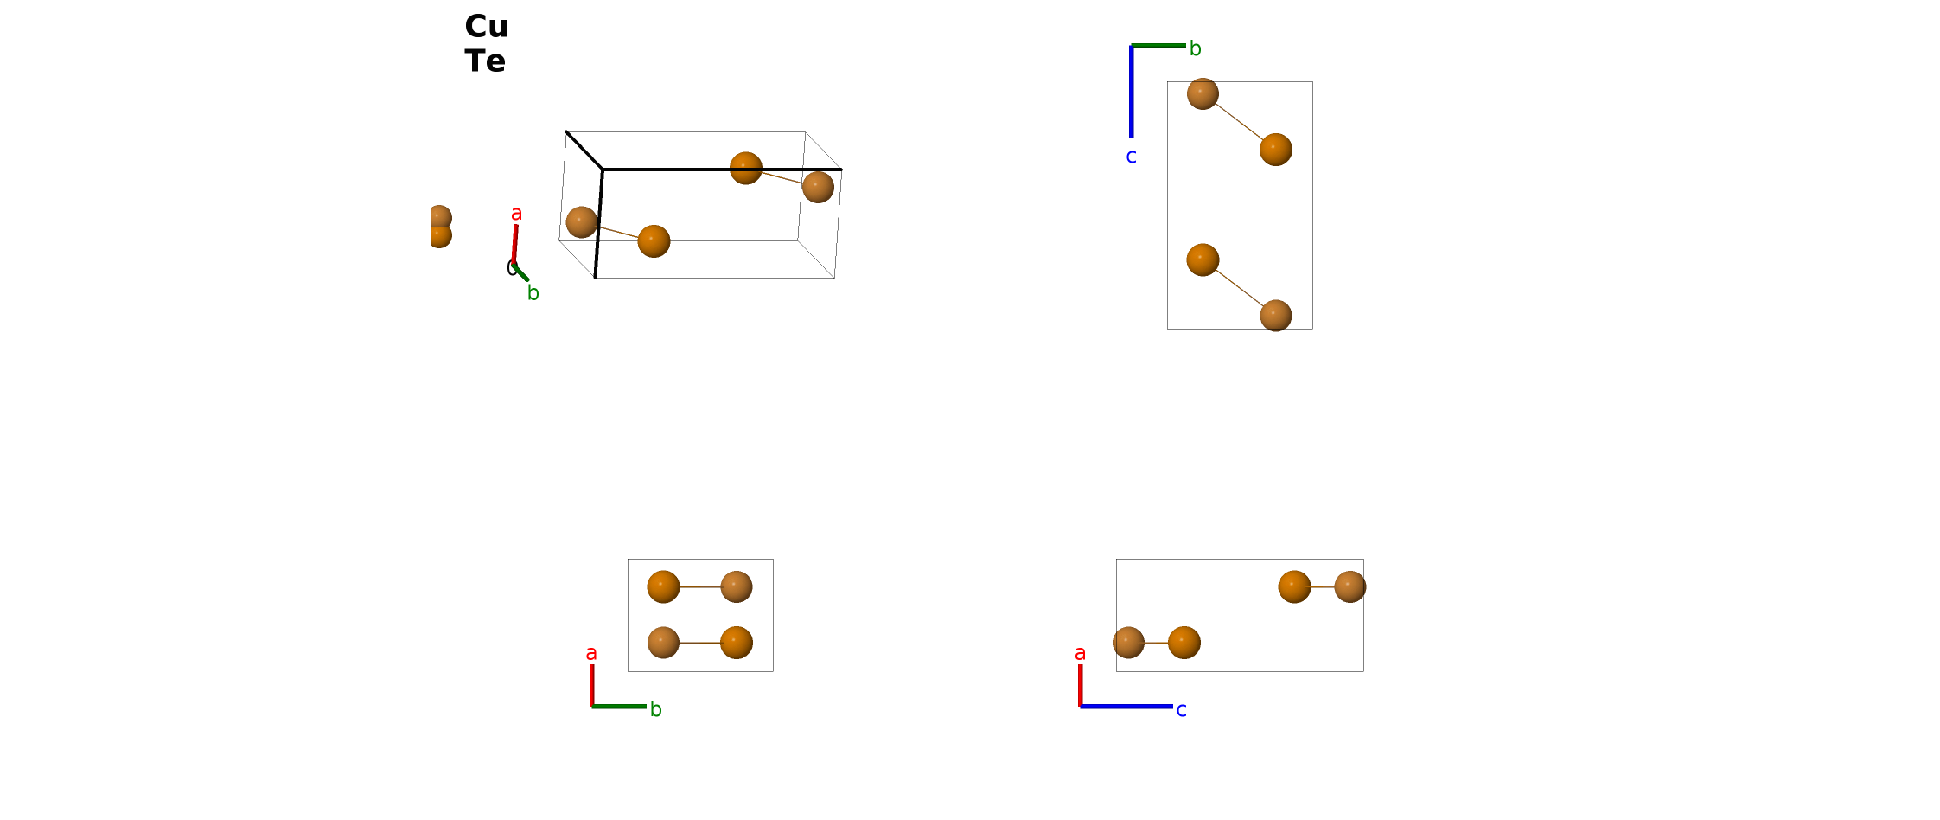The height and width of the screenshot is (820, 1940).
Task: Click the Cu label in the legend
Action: point(487,27)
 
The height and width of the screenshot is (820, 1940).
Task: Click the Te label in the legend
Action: point(485,61)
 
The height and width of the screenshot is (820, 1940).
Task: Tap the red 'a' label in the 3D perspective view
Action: point(516,214)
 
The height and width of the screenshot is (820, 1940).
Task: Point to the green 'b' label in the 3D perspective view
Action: point(533,293)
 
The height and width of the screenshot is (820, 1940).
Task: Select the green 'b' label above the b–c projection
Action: point(1195,48)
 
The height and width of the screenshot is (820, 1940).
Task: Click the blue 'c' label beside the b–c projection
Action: point(1131,157)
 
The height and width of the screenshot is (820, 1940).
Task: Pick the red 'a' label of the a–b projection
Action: point(591,653)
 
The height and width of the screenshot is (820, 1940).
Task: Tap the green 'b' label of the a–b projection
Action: point(655,709)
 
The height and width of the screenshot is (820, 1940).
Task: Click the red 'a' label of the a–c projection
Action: point(1080,653)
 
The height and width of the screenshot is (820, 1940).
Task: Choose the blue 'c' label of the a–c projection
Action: point(1181,710)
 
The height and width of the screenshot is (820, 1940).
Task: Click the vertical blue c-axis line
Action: point(1131,92)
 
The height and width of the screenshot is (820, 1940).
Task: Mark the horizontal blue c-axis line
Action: point(1126,707)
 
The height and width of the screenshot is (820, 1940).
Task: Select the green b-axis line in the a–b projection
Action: point(619,707)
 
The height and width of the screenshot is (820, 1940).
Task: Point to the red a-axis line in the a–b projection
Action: point(591,685)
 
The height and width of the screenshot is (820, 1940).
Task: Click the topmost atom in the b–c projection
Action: point(1203,93)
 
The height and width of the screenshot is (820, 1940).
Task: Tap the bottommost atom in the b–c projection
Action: point(1276,316)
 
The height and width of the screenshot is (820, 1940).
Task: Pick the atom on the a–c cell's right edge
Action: point(1350,586)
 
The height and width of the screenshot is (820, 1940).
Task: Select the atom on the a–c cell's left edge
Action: point(1128,643)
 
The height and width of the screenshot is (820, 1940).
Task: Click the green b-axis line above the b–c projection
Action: point(1158,45)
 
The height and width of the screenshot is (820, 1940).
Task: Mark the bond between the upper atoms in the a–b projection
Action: point(700,586)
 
